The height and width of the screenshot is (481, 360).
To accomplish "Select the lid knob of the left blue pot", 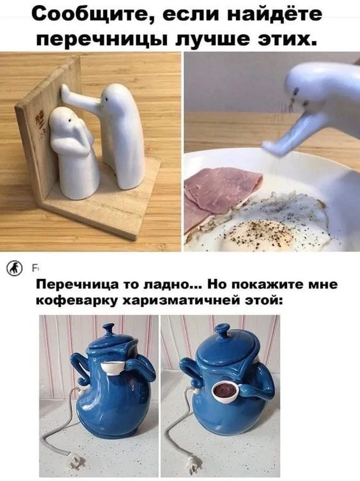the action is coord(108,330).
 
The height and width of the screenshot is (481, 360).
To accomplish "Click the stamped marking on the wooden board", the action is coord(40,123).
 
